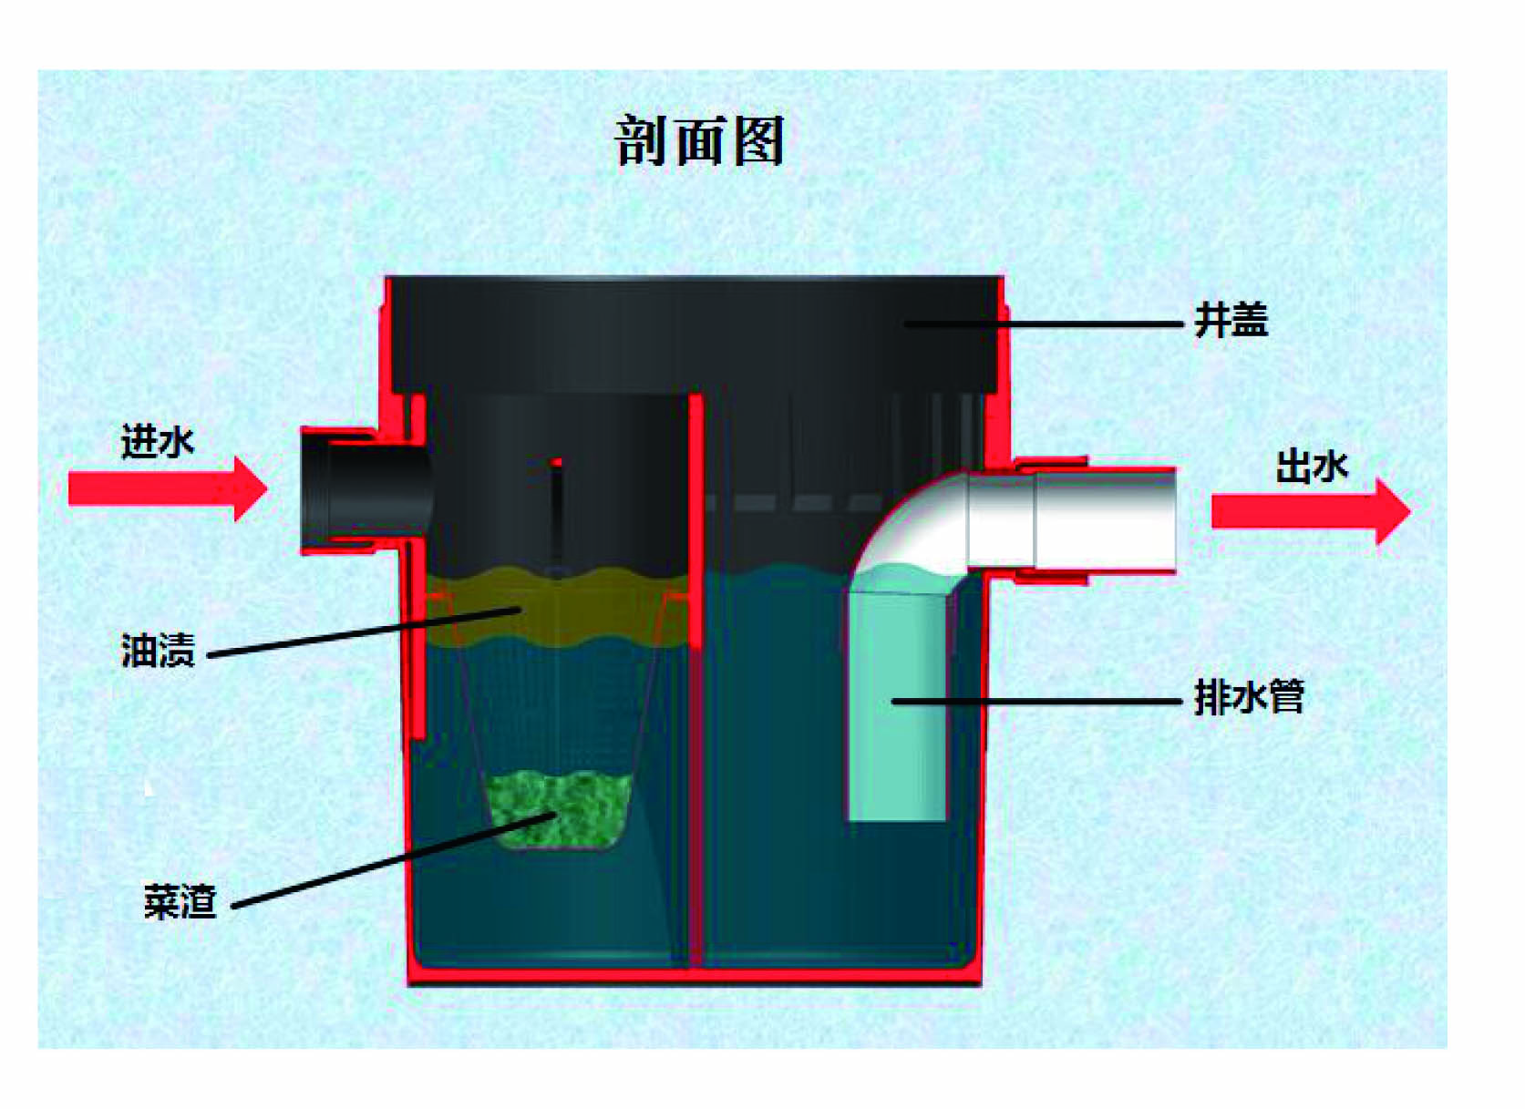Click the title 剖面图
(x=700, y=141)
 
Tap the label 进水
(x=158, y=442)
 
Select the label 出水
(x=1312, y=467)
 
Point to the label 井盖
(x=1231, y=321)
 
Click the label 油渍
(x=158, y=651)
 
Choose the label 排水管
(x=1249, y=698)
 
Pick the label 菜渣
(x=180, y=901)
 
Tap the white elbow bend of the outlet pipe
(x=912, y=529)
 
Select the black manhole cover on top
(x=693, y=333)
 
